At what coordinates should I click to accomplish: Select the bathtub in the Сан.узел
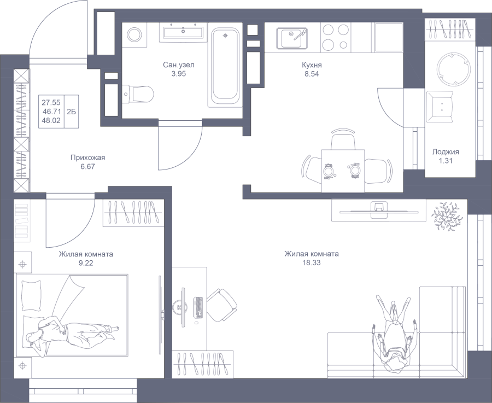pyautogui.click(x=224, y=67)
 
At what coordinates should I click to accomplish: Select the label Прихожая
pyautogui.click(x=87, y=158)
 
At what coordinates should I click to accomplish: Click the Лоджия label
pyautogui.click(x=446, y=152)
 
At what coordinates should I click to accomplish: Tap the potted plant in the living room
pyautogui.click(x=447, y=217)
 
